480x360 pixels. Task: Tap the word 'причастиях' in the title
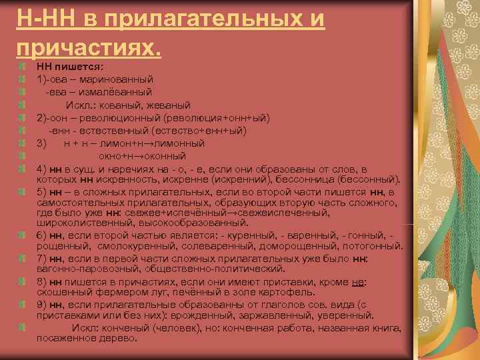pyautogui.click(x=86, y=47)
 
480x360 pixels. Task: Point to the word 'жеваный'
pyautogui.click(x=172, y=105)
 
